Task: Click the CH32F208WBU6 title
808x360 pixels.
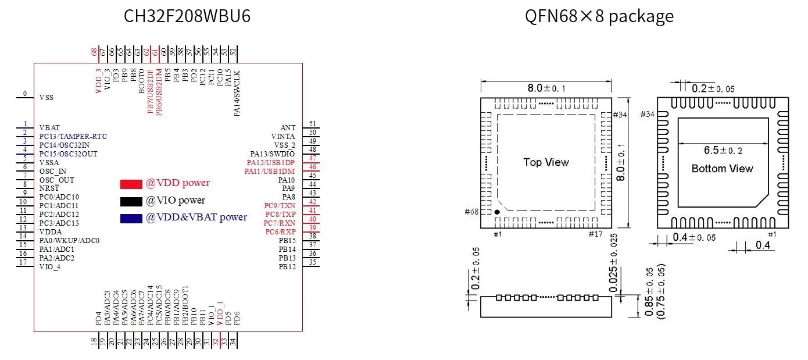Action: [187, 16]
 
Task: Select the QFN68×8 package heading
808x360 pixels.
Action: [599, 16]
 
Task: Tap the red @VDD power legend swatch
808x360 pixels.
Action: [131, 184]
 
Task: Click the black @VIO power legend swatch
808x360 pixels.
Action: [131, 202]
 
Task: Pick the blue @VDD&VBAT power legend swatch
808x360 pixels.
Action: [131, 219]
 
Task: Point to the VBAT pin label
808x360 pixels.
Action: [49, 127]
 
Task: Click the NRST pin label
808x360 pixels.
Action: [49, 188]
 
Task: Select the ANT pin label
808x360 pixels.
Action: [288, 127]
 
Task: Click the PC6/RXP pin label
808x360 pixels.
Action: [280, 232]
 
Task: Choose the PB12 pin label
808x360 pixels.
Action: [287, 266]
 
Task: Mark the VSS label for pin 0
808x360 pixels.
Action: [47, 97]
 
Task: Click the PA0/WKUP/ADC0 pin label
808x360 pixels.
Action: [69, 240]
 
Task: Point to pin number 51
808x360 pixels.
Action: [313, 124]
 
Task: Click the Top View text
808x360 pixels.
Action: [546, 162]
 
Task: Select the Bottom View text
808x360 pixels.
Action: [722, 169]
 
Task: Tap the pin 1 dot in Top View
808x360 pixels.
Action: [497, 212]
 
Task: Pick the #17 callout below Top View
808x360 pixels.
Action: [595, 234]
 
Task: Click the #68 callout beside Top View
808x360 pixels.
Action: [471, 212]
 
